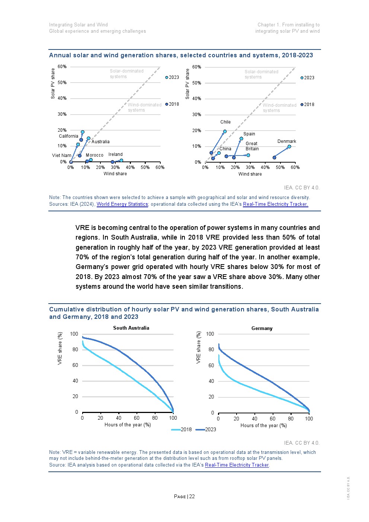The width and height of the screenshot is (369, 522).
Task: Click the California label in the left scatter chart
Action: pyautogui.click(x=68, y=136)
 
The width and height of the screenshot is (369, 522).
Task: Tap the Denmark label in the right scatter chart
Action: pyautogui.click(x=287, y=141)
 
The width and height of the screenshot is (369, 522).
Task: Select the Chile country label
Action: pyautogui.click(x=225, y=122)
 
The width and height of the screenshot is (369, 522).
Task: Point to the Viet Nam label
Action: pyautogui.click(x=61, y=156)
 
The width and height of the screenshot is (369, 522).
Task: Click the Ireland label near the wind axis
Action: pyautogui.click(x=115, y=154)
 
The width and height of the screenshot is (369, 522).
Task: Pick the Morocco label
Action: pyautogui.click(x=94, y=155)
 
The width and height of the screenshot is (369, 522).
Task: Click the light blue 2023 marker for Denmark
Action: pyautogui.click(x=289, y=147)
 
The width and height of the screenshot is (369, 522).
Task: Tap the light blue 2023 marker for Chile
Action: pyautogui.click(x=225, y=131)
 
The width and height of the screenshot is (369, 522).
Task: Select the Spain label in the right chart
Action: pyautogui.click(x=249, y=134)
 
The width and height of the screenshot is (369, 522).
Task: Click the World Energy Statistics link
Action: pyautogui.click(x=122, y=204)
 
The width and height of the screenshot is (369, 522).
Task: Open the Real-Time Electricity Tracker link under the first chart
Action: pyautogui.click(x=275, y=204)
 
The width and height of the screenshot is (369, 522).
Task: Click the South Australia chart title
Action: pyautogui.click(x=131, y=328)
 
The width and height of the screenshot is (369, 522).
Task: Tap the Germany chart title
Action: pyautogui.click(x=262, y=328)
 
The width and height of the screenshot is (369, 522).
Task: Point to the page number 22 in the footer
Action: pyautogui.click(x=192, y=496)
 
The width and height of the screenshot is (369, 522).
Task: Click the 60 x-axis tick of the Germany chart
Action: pyautogui.click(x=273, y=419)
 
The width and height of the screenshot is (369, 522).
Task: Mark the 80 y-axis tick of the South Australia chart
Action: pyautogui.click(x=76, y=349)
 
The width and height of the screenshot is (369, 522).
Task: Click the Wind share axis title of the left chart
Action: pyautogui.click(x=115, y=174)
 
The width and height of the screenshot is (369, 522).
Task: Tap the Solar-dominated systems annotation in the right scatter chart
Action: pyautogui.click(x=261, y=74)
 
